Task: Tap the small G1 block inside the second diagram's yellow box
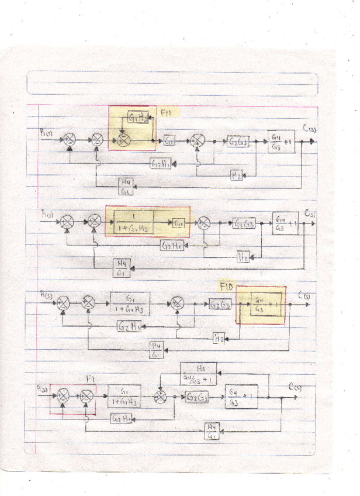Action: pyautogui.click(x=179, y=223)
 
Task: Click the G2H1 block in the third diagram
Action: pyautogui.click(x=129, y=326)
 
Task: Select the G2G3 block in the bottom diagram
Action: pyautogui.click(x=199, y=398)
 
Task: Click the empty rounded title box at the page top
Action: pyautogui.click(x=172, y=83)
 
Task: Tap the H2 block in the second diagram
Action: pyautogui.click(x=244, y=256)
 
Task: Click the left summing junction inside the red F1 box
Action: pyautogui.click(x=63, y=398)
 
